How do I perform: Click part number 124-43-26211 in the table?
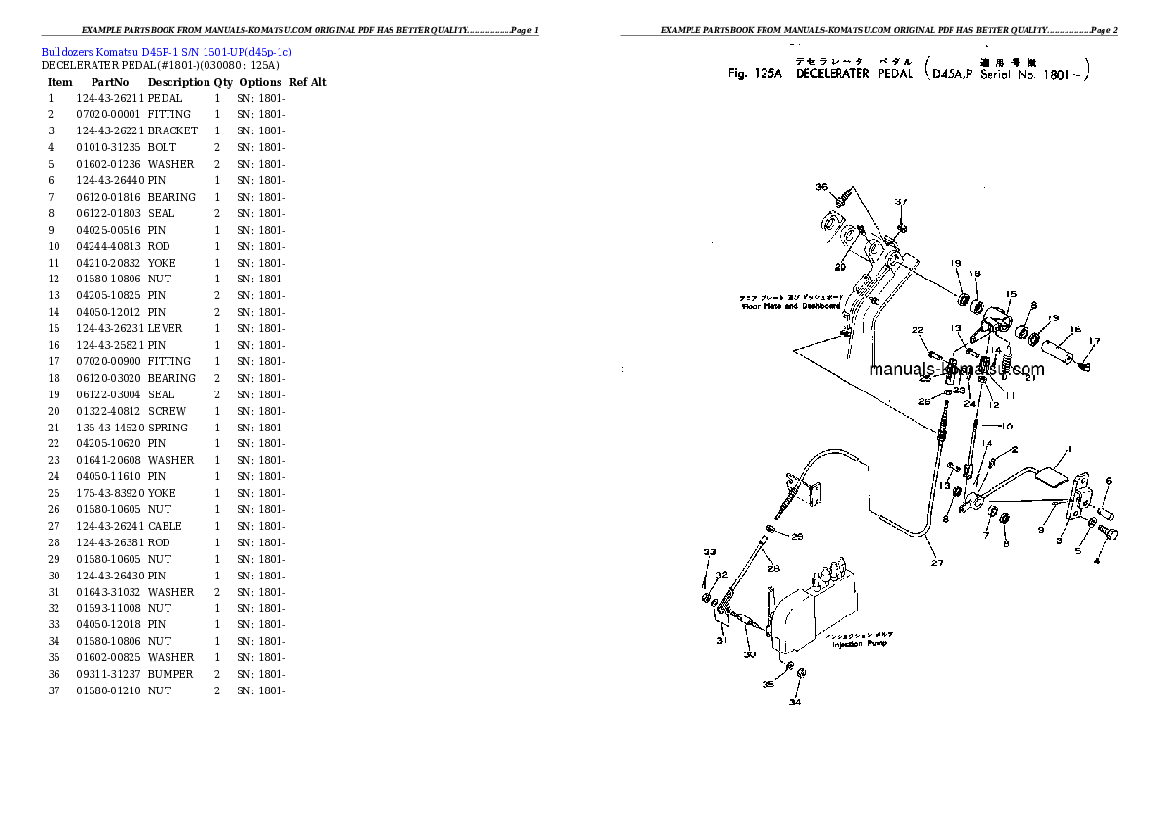click(109, 98)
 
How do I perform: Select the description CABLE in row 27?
click(165, 526)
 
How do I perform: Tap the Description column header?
click(178, 82)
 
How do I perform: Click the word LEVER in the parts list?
click(165, 328)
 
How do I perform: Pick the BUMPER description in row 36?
click(170, 674)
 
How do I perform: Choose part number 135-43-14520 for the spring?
click(109, 428)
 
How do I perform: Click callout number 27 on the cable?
click(936, 562)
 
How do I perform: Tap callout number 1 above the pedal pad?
click(1068, 449)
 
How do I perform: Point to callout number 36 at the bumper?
click(821, 187)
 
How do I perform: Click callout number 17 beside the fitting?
click(1094, 341)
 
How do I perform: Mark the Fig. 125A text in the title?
click(756, 73)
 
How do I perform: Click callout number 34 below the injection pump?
click(795, 701)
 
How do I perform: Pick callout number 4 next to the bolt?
click(1096, 560)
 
